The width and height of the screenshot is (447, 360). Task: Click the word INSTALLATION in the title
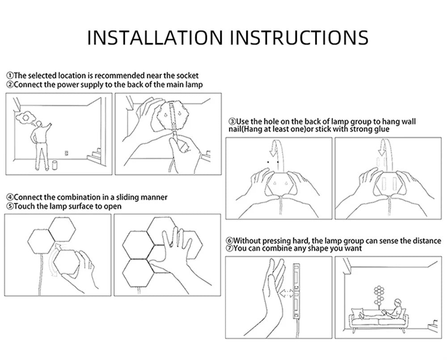coord(155,38)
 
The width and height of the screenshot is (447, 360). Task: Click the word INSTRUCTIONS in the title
coord(299,38)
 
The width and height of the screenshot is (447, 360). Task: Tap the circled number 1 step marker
coord(10,76)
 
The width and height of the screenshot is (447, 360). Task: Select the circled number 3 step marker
coord(232,122)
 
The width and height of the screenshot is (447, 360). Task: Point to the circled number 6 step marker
coord(229,241)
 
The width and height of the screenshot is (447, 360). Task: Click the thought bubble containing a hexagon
coord(25,117)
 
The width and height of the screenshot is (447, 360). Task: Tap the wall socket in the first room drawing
coord(67,153)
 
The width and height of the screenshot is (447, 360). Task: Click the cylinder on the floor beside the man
coord(55,165)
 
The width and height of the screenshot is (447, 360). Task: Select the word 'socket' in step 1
coord(187,76)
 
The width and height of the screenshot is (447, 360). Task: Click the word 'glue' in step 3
coord(381,130)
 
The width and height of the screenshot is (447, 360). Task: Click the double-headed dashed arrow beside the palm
coord(287,293)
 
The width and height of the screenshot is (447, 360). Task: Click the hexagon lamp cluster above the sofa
coord(379,295)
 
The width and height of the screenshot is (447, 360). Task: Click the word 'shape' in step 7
coord(318,249)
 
